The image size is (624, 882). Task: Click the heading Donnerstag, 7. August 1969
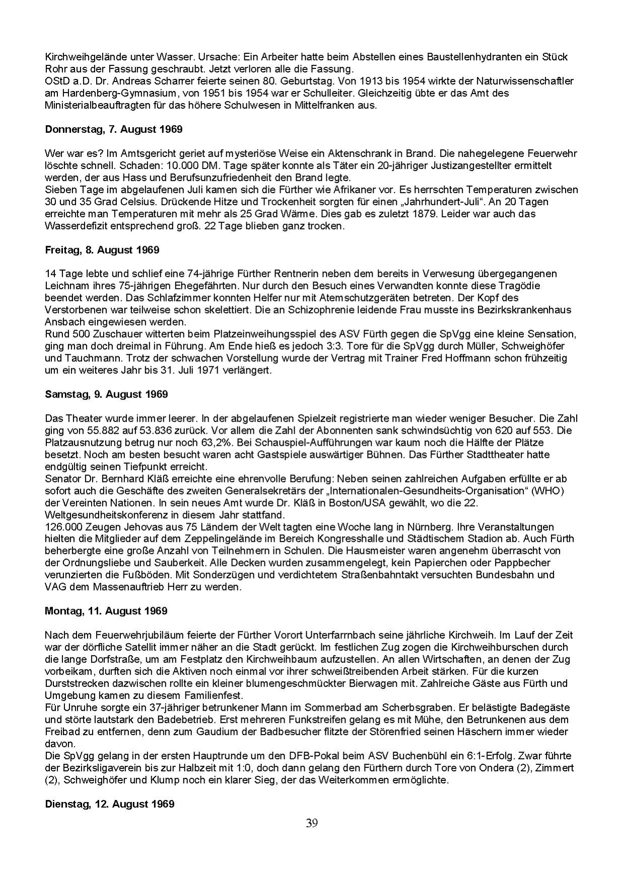pyautogui.click(x=113, y=129)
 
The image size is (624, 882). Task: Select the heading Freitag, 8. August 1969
pyautogui.click(x=102, y=250)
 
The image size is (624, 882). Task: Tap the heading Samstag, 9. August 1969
pyautogui.click(x=106, y=394)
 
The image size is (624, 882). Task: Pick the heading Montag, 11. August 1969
pyautogui.click(x=106, y=611)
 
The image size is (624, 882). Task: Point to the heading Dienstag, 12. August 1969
pyautogui.click(x=109, y=804)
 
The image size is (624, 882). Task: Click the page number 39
pyautogui.click(x=312, y=823)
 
